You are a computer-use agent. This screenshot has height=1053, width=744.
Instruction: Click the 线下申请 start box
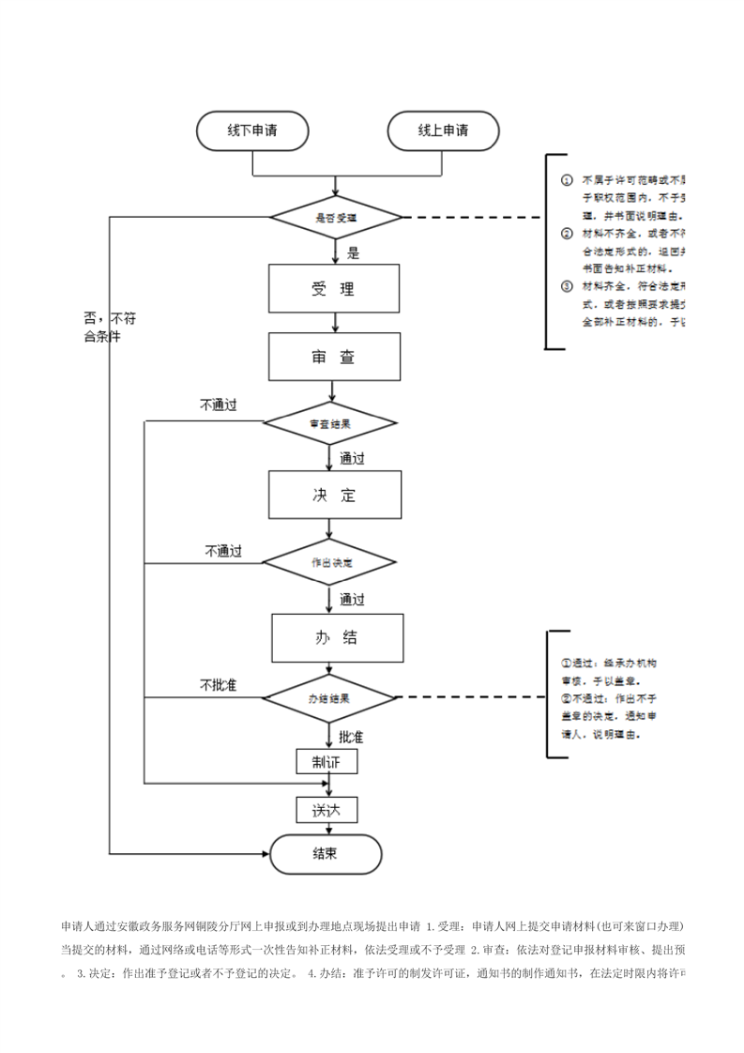click(x=252, y=130)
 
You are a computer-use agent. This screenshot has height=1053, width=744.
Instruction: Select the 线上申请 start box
click(x=443, y=130)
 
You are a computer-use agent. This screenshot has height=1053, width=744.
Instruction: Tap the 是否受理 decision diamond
click(x=336, y=217)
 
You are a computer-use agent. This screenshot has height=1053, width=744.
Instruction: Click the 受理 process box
click(x=335, y=288)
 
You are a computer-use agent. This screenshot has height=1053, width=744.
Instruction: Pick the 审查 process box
click(x=335, y=358)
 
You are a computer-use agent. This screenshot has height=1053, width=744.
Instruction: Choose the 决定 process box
click(x=335, y=495)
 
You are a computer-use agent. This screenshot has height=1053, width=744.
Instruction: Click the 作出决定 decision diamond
click(x=330, y=563)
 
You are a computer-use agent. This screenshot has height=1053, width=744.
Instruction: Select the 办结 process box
click(x=337, y=638)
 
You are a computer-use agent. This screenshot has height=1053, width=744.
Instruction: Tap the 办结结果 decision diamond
click(x=329, y=699)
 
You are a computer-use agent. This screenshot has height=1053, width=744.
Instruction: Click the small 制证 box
click(x=326, y=761)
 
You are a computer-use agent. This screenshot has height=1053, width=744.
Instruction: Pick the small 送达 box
click(x=326, y=810)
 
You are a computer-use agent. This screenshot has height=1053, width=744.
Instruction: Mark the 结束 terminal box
click(x=326, y=854)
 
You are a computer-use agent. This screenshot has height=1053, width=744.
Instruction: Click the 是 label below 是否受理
click(x=354, y=252)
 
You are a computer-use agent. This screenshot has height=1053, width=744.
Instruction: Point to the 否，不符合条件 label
click(x=102, y=328)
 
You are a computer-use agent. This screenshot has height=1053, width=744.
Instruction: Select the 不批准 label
click(x=218, y=684)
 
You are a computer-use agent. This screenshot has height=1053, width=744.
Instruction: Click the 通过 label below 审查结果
click(x=352, y=459)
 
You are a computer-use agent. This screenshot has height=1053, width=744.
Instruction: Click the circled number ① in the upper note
click(x=567, y=178)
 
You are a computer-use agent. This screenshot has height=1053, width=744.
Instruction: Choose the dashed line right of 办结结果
click(x=469, y=698)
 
